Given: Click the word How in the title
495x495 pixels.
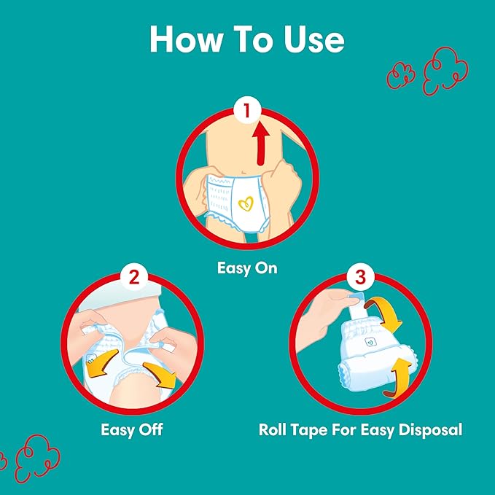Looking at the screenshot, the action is click(186, 39).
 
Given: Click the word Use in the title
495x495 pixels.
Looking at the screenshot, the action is click(313, 39).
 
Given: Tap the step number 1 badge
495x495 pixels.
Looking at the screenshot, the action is click(247, 111).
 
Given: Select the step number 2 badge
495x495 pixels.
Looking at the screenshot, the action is click(134, 277).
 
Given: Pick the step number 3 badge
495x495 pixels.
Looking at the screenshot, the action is click(360, 277).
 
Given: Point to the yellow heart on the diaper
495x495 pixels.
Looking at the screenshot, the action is click(246, 203).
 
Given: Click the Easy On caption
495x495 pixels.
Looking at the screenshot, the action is click(247, 268).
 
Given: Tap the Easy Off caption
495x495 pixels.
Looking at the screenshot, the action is click(132, 429).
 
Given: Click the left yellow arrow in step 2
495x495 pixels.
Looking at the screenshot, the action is click(101, 364).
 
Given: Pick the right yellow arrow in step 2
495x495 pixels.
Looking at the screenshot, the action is click(160, 375).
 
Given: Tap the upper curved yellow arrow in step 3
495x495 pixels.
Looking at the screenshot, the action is click(385, 313).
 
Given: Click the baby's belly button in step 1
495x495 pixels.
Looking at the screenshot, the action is click(243, 172).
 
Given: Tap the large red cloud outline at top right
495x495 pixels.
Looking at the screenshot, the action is click(445, 71).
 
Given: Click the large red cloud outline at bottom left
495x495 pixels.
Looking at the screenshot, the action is click(38, 458).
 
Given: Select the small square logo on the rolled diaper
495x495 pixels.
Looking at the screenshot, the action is click(370, 342).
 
